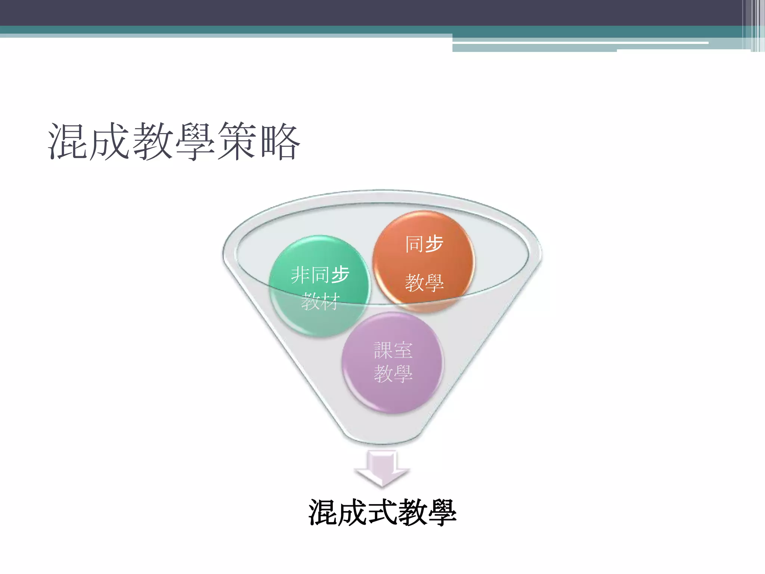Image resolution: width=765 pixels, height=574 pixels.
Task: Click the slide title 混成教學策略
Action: (174, 141)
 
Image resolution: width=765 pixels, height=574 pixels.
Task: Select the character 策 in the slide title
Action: (238, 141)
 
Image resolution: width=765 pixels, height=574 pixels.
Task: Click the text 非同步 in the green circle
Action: (320, 275)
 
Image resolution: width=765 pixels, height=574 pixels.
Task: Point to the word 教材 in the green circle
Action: (320, 301)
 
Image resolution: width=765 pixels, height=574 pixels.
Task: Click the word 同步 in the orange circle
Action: (424, 244)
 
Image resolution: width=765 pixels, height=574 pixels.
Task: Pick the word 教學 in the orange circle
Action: (424, 283)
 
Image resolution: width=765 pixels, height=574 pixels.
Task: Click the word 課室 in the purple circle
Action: (393, 351)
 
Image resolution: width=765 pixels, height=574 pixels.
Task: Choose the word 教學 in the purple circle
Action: (393, 373)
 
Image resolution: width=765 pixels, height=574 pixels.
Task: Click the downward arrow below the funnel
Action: (382, 469)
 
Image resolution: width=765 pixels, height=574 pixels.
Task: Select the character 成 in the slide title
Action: (110, 141)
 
